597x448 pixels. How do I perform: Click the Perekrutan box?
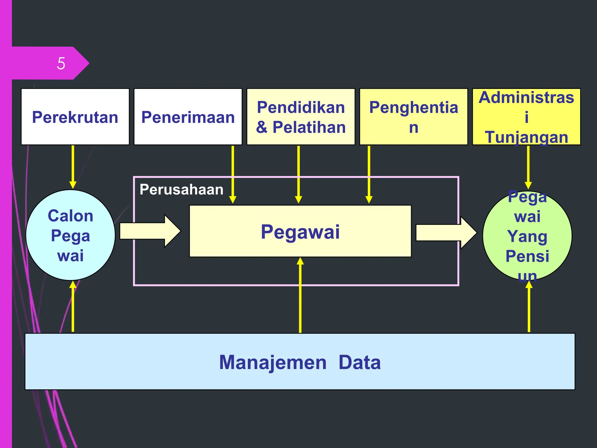pyautogui.click(x=75, y=117)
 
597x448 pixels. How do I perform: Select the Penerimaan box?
pyautogui.click(x=188, y=117)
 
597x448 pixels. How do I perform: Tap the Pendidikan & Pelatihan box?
pyautogui.click(x=301, y=117)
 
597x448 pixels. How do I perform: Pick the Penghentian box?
pyautogui.click(x=413, y=117)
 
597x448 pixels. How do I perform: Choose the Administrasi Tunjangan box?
pyautogui.click(x=526, y=117)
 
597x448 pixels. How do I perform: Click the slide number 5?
pyautogui.click(x=61, y=63)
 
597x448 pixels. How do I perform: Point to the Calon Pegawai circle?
pyautogui.click(x=71, y=235)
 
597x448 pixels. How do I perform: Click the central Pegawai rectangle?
pyautogui.click(x=300, y=231)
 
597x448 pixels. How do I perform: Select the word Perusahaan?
pyautogui.click(x=181, y=190)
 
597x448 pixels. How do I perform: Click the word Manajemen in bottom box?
pyautogui.click(x=273, y=362)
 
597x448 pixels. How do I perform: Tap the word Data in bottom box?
pyautogui.click(x=359, y=362)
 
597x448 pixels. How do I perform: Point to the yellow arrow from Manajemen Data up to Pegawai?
pyautogui.click(x=300, y=295)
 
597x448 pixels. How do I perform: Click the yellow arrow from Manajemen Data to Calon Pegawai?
pyautogui.click(x=73, y=306)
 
